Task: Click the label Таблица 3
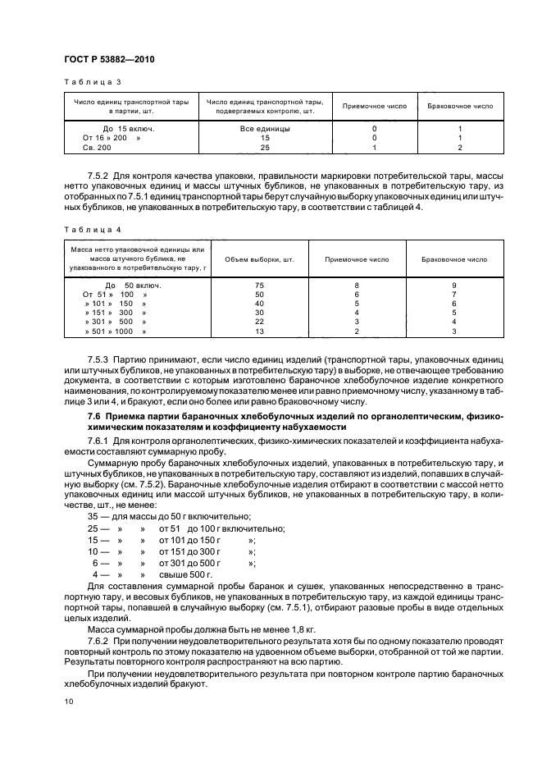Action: pyautogui.click(x=93, y=82)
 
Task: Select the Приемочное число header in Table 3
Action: pyautogui.click(x=374, y=107)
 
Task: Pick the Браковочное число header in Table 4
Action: pyautogui.click(x=453, y=259)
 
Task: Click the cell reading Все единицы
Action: pyautogui.click(x=264, y=129)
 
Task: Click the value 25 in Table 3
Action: pyautogui.click(x=264, y=148)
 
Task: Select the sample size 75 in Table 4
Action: pyautogui.click(x=259, y=285)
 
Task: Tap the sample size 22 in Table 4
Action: pyautogui.click(x=259, y=322)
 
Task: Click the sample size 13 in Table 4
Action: pyautogui.click(x=259, y=331)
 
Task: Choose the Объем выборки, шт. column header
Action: pyautogui.click(x=259, y=259)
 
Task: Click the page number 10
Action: pyautogui.click(x=68, y=701)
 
